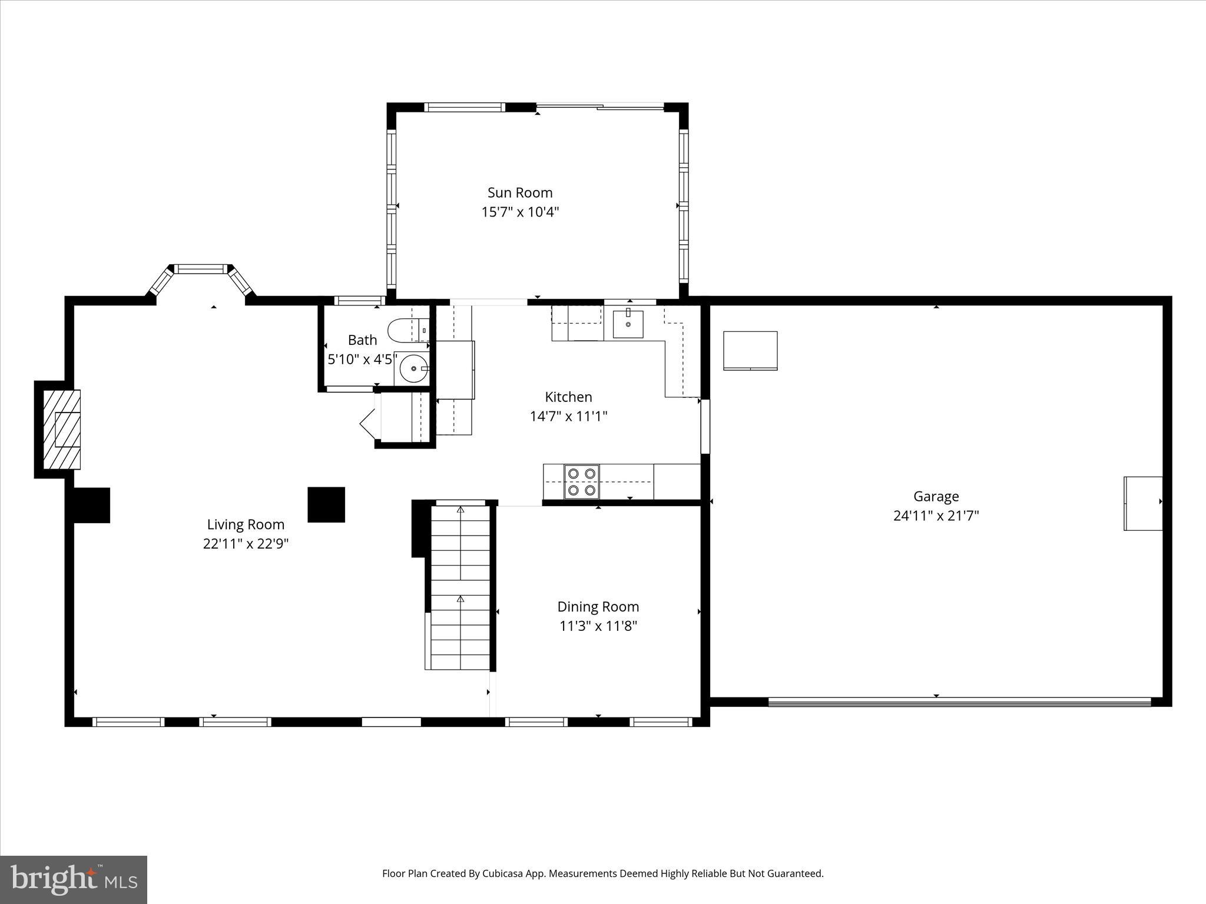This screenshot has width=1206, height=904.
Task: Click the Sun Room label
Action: tap(519, 192)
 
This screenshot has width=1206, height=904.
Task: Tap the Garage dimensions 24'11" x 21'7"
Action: tap(936, 516)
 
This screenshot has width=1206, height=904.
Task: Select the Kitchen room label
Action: tap(568, 397)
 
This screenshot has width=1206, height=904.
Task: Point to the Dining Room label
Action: tap(598, 607)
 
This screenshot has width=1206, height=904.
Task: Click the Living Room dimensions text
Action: tap(246, 544)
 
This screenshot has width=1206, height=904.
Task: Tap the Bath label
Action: tap(362, 340)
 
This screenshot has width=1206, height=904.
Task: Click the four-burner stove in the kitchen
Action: tap(582, 481)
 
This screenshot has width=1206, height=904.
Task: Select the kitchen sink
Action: tap(628, 324)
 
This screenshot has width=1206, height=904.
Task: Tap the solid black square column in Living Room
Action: tap(326, 504)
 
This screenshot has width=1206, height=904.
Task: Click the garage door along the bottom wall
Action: tap(960, 702)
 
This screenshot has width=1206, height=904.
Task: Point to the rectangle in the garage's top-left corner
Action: tap(750, 351)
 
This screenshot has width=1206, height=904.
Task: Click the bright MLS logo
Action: tap(74, 879)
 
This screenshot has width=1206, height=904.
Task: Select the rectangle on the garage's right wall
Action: tap(1143, 503)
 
